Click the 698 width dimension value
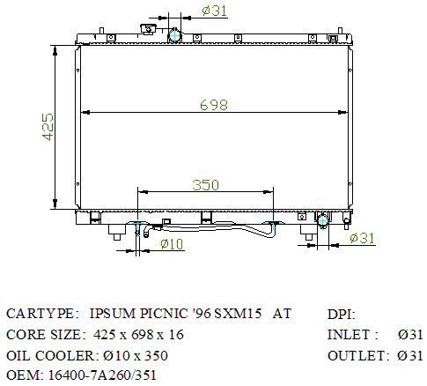click(x=214, y=105)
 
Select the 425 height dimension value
click(x=48, y=127)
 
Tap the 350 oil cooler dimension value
click(x=205, y=185)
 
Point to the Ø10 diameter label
click(x=172, y=244)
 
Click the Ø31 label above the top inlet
click(x=215, y=11)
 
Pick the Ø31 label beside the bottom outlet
click(x=363, y=238)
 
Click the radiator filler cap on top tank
click(x=149, y=29)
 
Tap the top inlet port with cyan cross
click(x=174, y=35)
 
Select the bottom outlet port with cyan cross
click(x=322, y=220)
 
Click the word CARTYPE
click(x=40, y=314)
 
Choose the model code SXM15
click(x=238, y=314)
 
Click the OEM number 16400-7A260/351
click(x=102, y=375)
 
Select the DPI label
click(x=341, y=315)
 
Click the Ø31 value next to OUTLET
click(x=410, y=356)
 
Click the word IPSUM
click(x=113, y=314)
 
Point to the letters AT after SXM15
click(x=282, y=314)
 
